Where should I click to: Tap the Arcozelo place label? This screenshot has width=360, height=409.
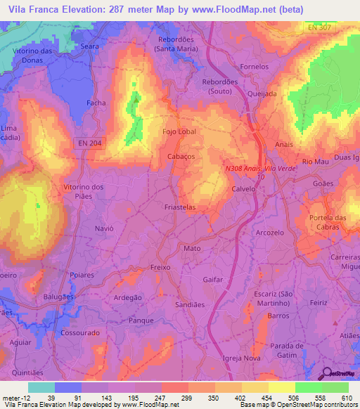coord(270,232)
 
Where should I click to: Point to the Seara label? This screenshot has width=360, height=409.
coord(89,46)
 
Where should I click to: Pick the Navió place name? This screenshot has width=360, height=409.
coord(103,228)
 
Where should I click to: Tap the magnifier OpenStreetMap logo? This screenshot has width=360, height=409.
coord(326,374)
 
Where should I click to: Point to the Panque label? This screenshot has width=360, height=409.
coord(141,320)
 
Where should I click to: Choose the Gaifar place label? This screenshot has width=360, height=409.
coord(212,279)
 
